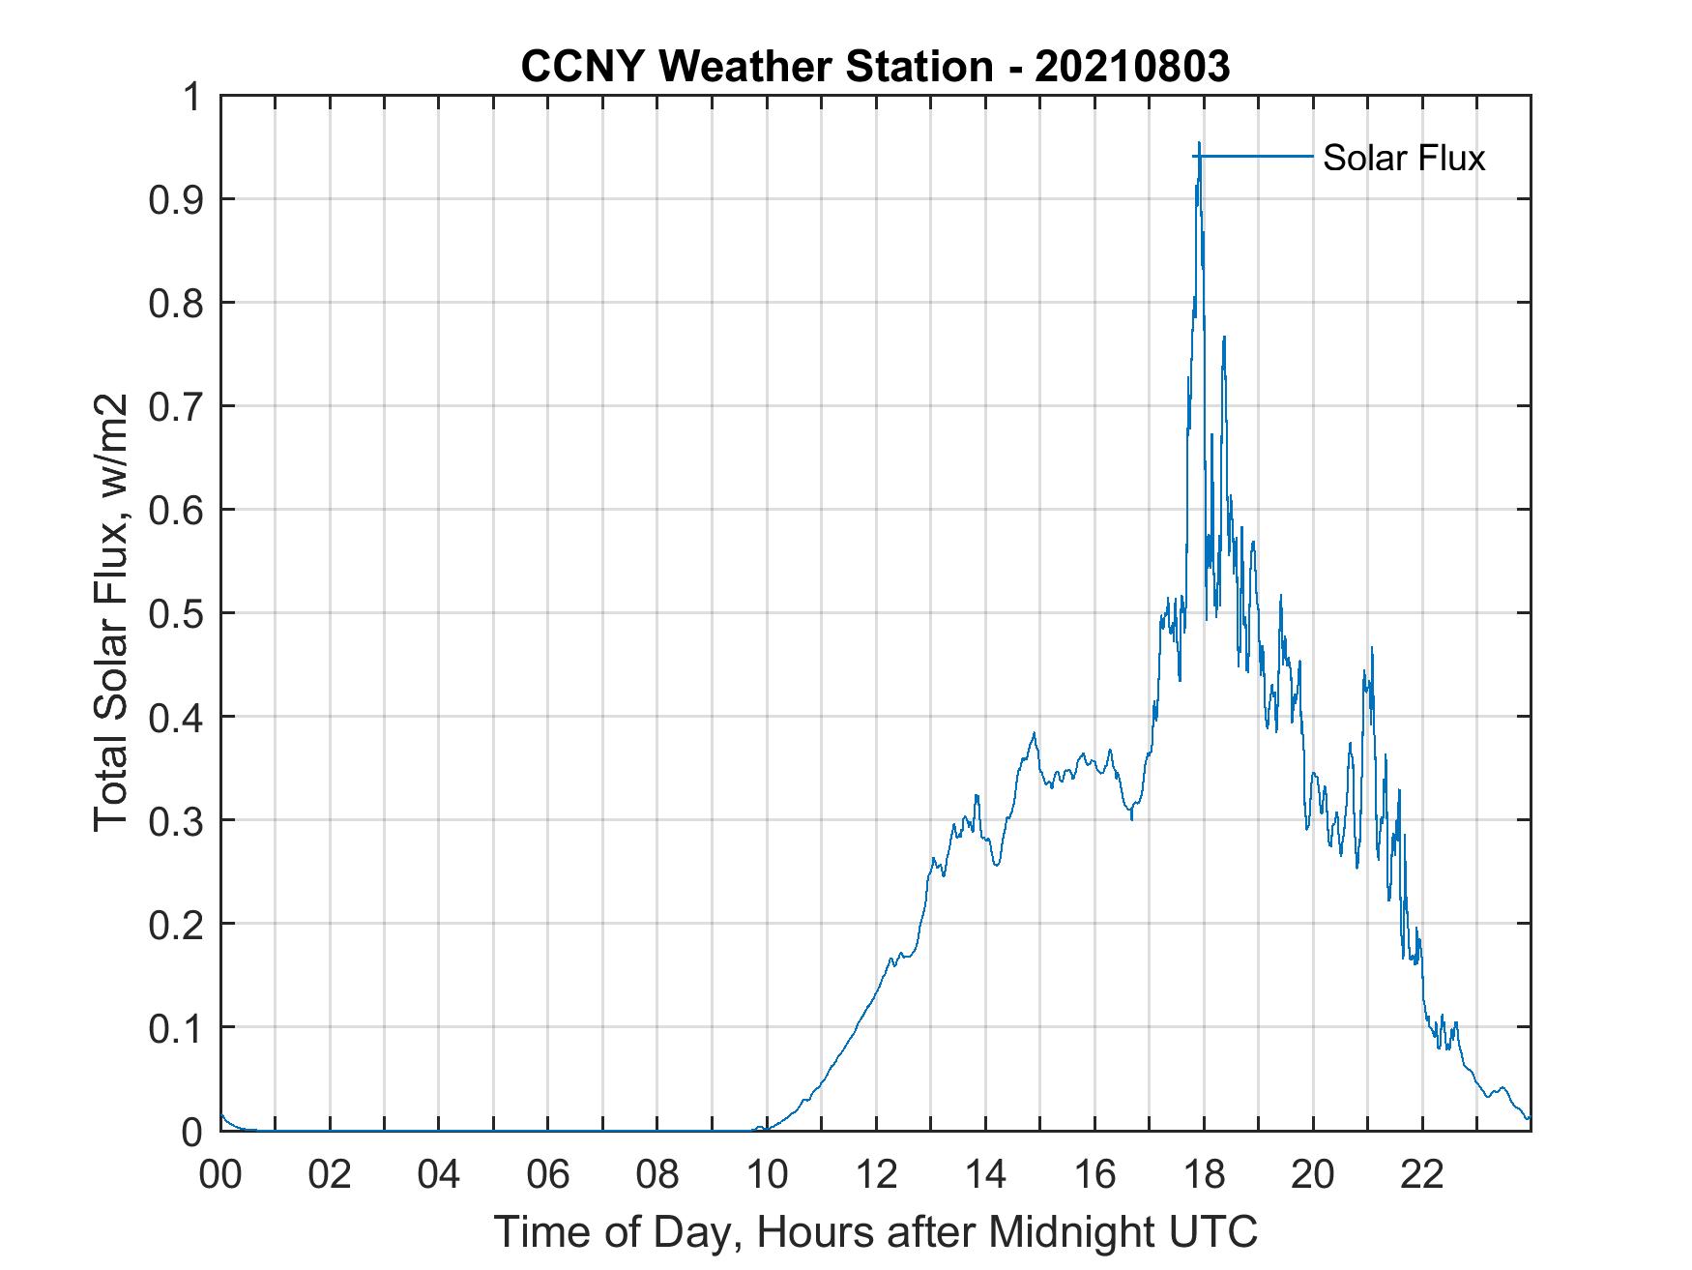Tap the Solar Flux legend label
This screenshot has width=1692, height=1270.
pos(1403,158)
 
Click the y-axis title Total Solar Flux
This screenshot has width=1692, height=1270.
pos(110,612)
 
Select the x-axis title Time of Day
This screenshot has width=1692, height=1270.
pos(875,1232)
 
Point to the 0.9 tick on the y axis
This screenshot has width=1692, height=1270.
pos(179,199)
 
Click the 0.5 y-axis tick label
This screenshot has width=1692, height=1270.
pos(179,613)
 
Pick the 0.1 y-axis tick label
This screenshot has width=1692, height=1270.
pos(179,1027)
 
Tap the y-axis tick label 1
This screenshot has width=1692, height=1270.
pos(192,97)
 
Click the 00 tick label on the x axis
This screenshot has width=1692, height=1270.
pos(220,1174)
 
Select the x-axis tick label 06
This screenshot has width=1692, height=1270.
pos(548,1174)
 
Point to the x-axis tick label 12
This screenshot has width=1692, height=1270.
pos(876,1174)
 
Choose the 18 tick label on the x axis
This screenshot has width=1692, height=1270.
pos(1204,1174)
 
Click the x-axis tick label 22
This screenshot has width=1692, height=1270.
pos(1422,1174)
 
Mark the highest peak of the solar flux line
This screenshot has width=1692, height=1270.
pos(1199,144)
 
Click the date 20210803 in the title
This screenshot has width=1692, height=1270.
pos(1132,67)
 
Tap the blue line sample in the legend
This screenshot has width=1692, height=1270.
pos(1257,156)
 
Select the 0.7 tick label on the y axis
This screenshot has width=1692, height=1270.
pos(179,406)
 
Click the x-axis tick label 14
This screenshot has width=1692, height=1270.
pos(985,1174)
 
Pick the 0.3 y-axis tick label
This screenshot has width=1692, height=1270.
pos(179,820)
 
